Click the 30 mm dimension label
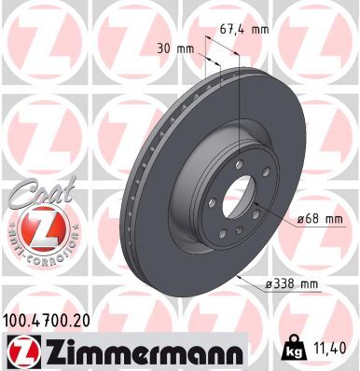coord(177,47)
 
